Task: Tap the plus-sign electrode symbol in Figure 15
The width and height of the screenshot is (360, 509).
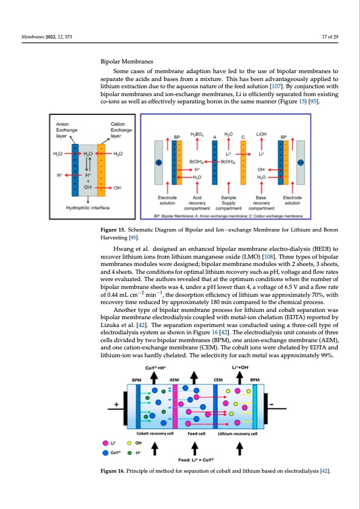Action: click(x=159, y=163)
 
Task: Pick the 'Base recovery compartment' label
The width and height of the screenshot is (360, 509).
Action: click(x=261, y=201)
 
